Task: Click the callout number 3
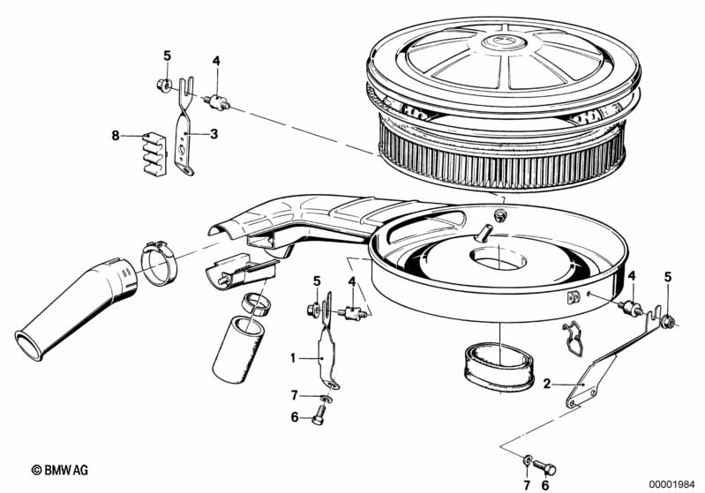pyautogui.click(x=214, y=133)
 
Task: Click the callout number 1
pyautogui.click(x=293, y=359)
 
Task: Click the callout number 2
pyautogui.click(x=547, y=383)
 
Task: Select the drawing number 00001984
pyautogui.click(x=674, y=482)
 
